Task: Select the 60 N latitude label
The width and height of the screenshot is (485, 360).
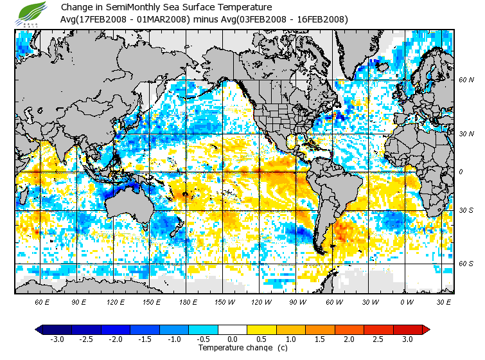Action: point(466,80)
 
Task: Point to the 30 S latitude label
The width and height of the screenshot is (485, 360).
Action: point(466,211)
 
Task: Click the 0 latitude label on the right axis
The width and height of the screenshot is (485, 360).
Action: point(460,172)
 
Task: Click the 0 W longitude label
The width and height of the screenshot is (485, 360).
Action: point(405,302)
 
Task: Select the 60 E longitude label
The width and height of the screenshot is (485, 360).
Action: point(42,302)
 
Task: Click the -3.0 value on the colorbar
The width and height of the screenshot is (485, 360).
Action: point(56,339)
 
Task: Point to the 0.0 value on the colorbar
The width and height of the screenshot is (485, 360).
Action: point(233,339)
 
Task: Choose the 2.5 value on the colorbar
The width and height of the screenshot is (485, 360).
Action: point(378,339)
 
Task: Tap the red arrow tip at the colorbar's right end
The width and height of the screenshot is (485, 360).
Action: point(426,329)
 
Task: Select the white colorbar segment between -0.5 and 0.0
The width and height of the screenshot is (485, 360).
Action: point(218,329)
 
